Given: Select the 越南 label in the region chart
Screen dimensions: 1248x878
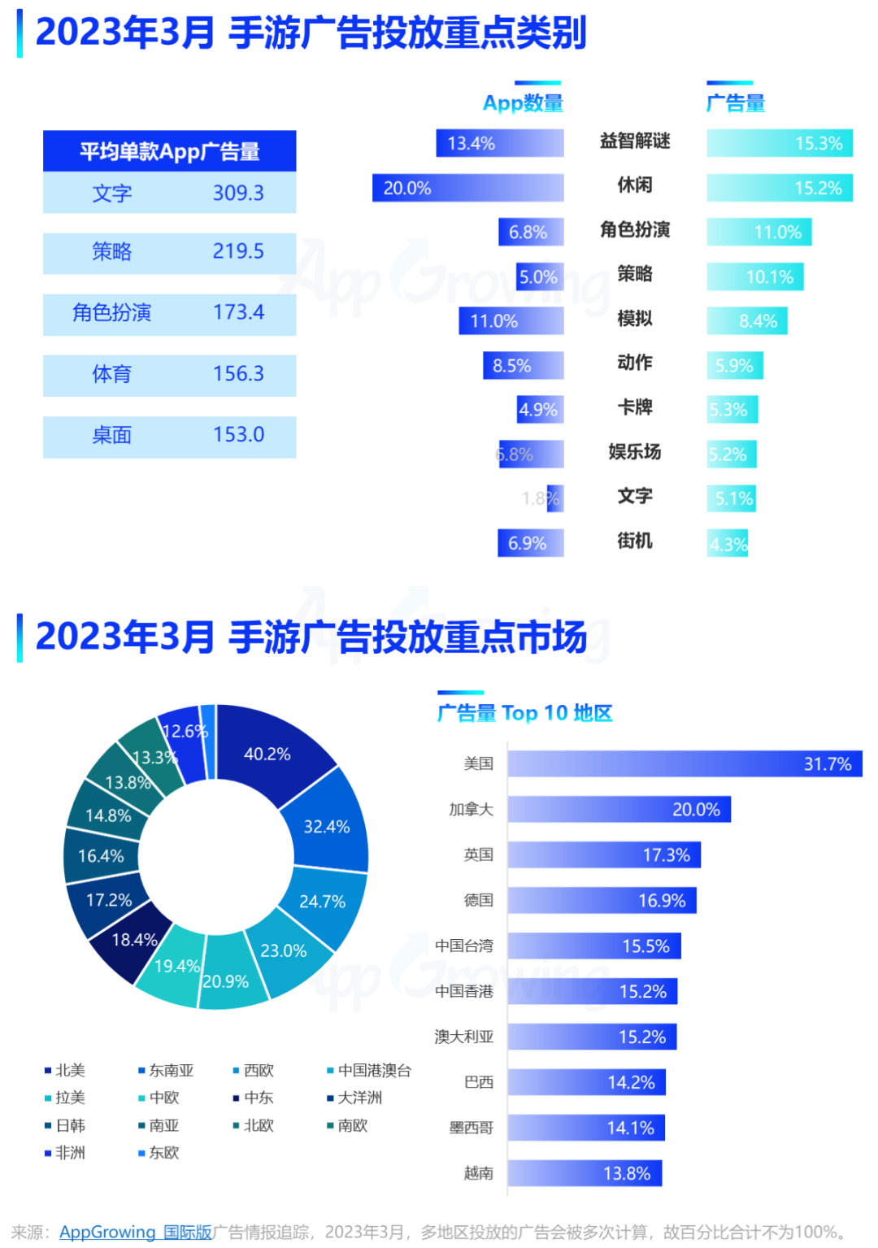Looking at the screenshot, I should (x=478, y=1172).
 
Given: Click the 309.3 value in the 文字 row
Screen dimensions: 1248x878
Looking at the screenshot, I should (x=238, y=193).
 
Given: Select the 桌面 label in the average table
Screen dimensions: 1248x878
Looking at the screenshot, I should (x=111, y=435).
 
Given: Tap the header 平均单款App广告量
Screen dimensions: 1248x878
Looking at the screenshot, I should (x=169, y=151).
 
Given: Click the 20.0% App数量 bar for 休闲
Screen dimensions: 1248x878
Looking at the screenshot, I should (x=467, y=188).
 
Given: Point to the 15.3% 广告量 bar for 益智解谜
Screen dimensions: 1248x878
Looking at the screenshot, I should (x=779, y=143).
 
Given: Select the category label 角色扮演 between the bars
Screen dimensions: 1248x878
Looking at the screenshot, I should (x=635, y=230).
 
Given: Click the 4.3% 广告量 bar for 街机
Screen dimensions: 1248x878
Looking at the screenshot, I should (x=728, y=543).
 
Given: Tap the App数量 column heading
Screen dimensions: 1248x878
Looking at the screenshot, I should (x=523, y=103).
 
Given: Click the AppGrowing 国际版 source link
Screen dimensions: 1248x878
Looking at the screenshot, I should (x=135, y=1232).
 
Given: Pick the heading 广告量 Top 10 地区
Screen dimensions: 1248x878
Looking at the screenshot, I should (x=524, y=713).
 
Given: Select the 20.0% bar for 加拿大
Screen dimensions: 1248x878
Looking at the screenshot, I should (x=619, y=809).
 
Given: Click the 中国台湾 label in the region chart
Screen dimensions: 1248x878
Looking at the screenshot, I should (x=463, y=946).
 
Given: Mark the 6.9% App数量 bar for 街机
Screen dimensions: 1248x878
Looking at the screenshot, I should (x=530, y=543).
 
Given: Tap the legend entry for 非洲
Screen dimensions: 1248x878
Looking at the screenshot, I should (x=69, y=1152).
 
